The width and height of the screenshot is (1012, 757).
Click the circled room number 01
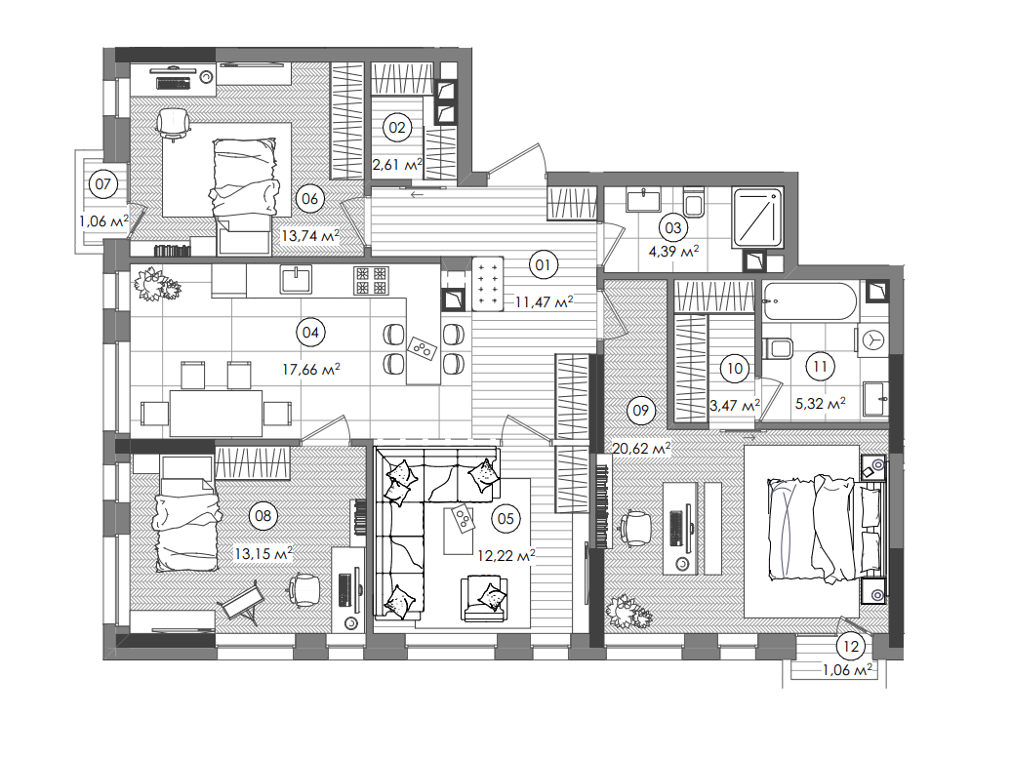point(543,262)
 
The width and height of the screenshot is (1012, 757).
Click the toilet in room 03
point(695,204)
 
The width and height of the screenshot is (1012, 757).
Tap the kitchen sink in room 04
point(296,280)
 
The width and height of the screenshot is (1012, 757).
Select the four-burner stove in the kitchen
point(370,280)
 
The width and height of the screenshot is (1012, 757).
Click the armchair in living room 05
point(485,597)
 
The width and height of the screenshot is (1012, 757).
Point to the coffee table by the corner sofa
point(457,529)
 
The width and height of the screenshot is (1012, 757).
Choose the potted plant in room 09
point(629,612)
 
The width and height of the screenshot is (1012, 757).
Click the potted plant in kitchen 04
point(156,284)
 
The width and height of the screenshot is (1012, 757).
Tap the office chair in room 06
point(173,123)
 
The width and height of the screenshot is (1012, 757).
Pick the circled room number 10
point(735,368)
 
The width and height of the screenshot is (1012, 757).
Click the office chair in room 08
point(304,588)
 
